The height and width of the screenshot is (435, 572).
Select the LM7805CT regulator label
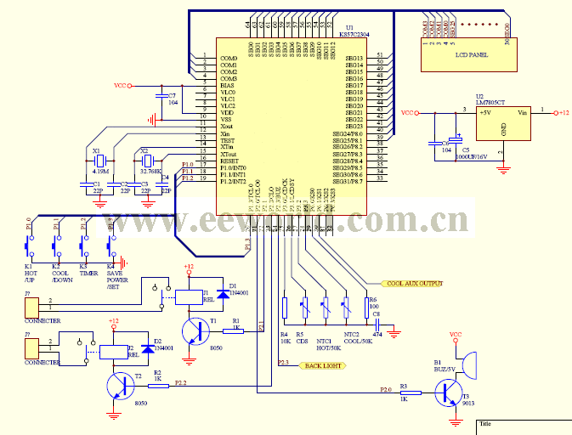491,101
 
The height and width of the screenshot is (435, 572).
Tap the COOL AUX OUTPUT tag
414,283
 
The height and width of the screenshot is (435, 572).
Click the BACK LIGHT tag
321,364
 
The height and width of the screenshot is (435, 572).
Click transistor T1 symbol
199,331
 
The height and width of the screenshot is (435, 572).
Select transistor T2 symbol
121,387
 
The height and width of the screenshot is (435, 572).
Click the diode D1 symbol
222,293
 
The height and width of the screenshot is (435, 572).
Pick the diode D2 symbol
146,347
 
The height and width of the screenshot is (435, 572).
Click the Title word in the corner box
486,423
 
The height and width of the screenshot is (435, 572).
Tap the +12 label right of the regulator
562,112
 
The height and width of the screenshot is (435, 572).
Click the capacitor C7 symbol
161,95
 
